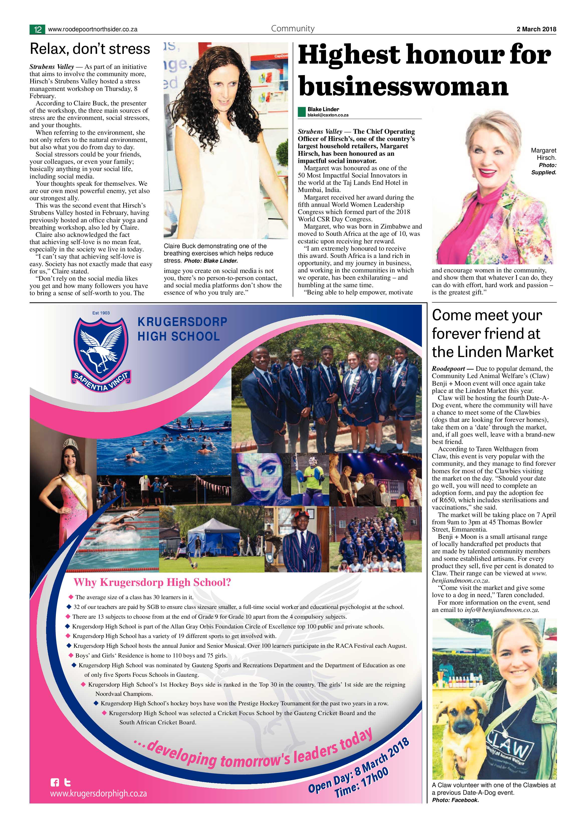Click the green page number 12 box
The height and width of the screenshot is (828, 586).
pyautogui.click(x=37, y=30)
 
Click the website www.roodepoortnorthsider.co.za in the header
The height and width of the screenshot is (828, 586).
pyautogui.click(x=92, y=30)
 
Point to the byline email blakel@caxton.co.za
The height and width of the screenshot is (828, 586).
pyautogui.click(x=328, y=115)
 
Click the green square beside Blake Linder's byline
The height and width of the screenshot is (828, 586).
pyautogui.click(x=302, y=112)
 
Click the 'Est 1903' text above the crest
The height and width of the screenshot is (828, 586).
pyautogui.click(x=101, y=313)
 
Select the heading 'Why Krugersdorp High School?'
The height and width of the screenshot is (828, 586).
pyautogui.click(x=152, y=582)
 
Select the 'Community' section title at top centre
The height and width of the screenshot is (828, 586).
pyautogui.click(x=293, y=29)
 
